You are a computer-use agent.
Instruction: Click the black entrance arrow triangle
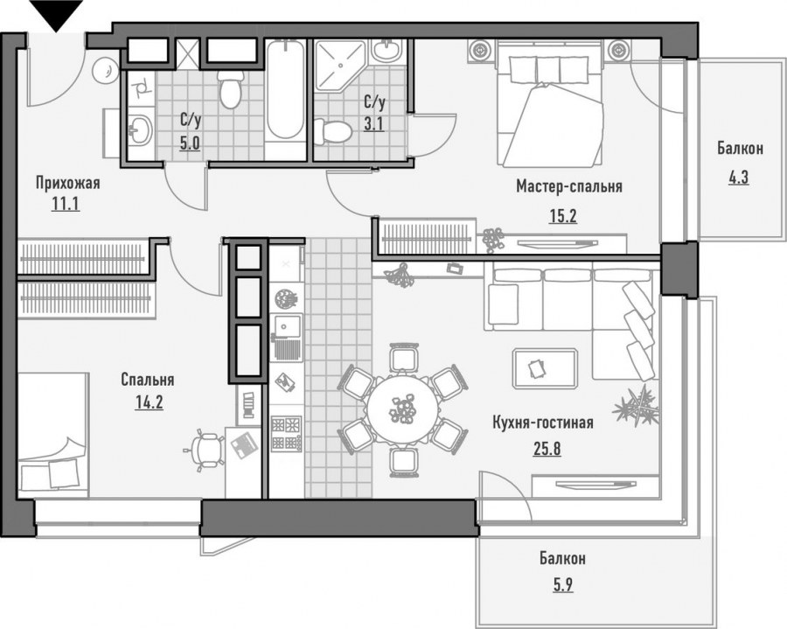click(x=56, y=15)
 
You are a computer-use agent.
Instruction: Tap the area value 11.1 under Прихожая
click(x=66, y=204)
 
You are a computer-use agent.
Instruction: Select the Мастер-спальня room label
click(x=569, y=186)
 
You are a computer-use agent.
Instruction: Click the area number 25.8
click(x=547, y=448)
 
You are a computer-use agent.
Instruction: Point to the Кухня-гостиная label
click(x=543, y=423)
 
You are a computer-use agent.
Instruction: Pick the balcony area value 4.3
click(x=738, y=178)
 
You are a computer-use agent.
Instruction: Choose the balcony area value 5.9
click(x=562, y=585)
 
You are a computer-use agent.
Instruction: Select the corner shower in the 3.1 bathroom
click(x=338, y=66)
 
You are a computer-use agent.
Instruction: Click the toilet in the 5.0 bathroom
click(x=230, y=89)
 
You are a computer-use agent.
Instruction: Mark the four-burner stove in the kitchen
click(x=286, y=434)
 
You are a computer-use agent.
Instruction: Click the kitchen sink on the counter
click(x=286, y=338)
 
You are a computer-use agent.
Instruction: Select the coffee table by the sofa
click(x=545, y=369)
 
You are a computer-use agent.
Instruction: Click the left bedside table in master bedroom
click(x=480, y=51)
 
